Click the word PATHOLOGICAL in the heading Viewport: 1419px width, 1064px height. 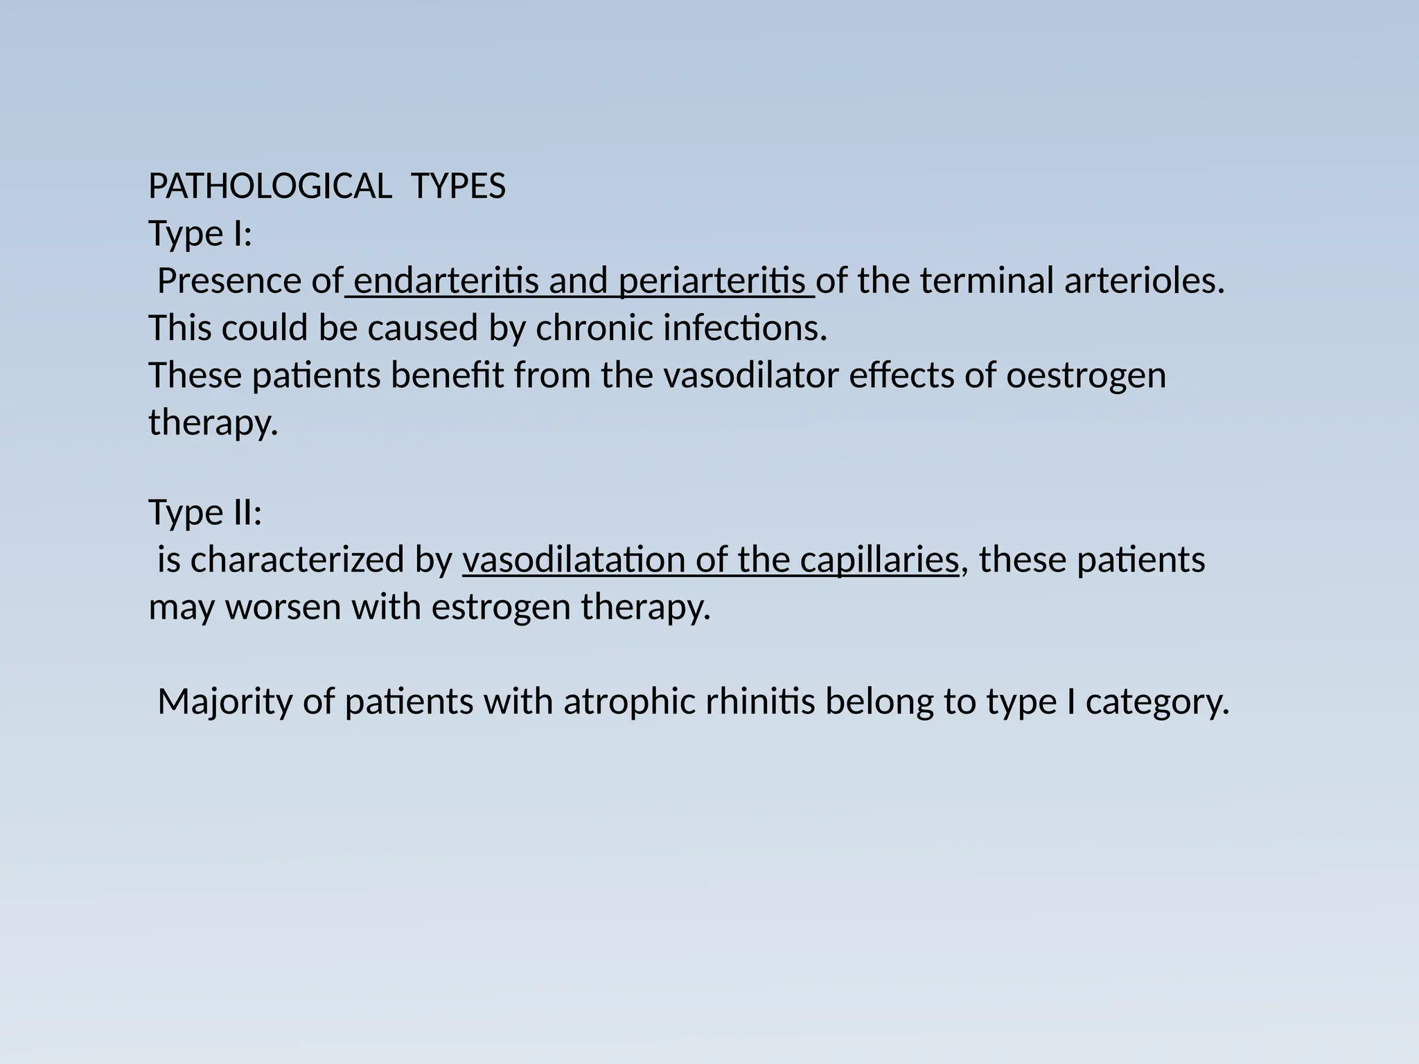pyautogui.click(x=270, y=187)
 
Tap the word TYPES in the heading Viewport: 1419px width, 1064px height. pyautogui.click(x=458, y=187)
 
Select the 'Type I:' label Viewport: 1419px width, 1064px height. pyautogui.click(x=200, y=234)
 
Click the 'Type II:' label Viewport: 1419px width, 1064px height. pyautogui.click(x=206, y=513)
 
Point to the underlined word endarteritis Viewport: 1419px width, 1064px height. pyautogui.click(x=446, y=281)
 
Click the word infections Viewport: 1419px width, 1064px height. pyautogui.click(x=745, y=328)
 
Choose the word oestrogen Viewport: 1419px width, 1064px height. pyautogui.click(x=1086, y=376)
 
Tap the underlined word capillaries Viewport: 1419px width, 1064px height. pyautogui.click(x=879, y=560)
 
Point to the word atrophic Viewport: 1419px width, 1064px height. pyautogui.click(x=629, y=702)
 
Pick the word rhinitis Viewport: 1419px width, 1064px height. pyautogui.click(x=760, y=702)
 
